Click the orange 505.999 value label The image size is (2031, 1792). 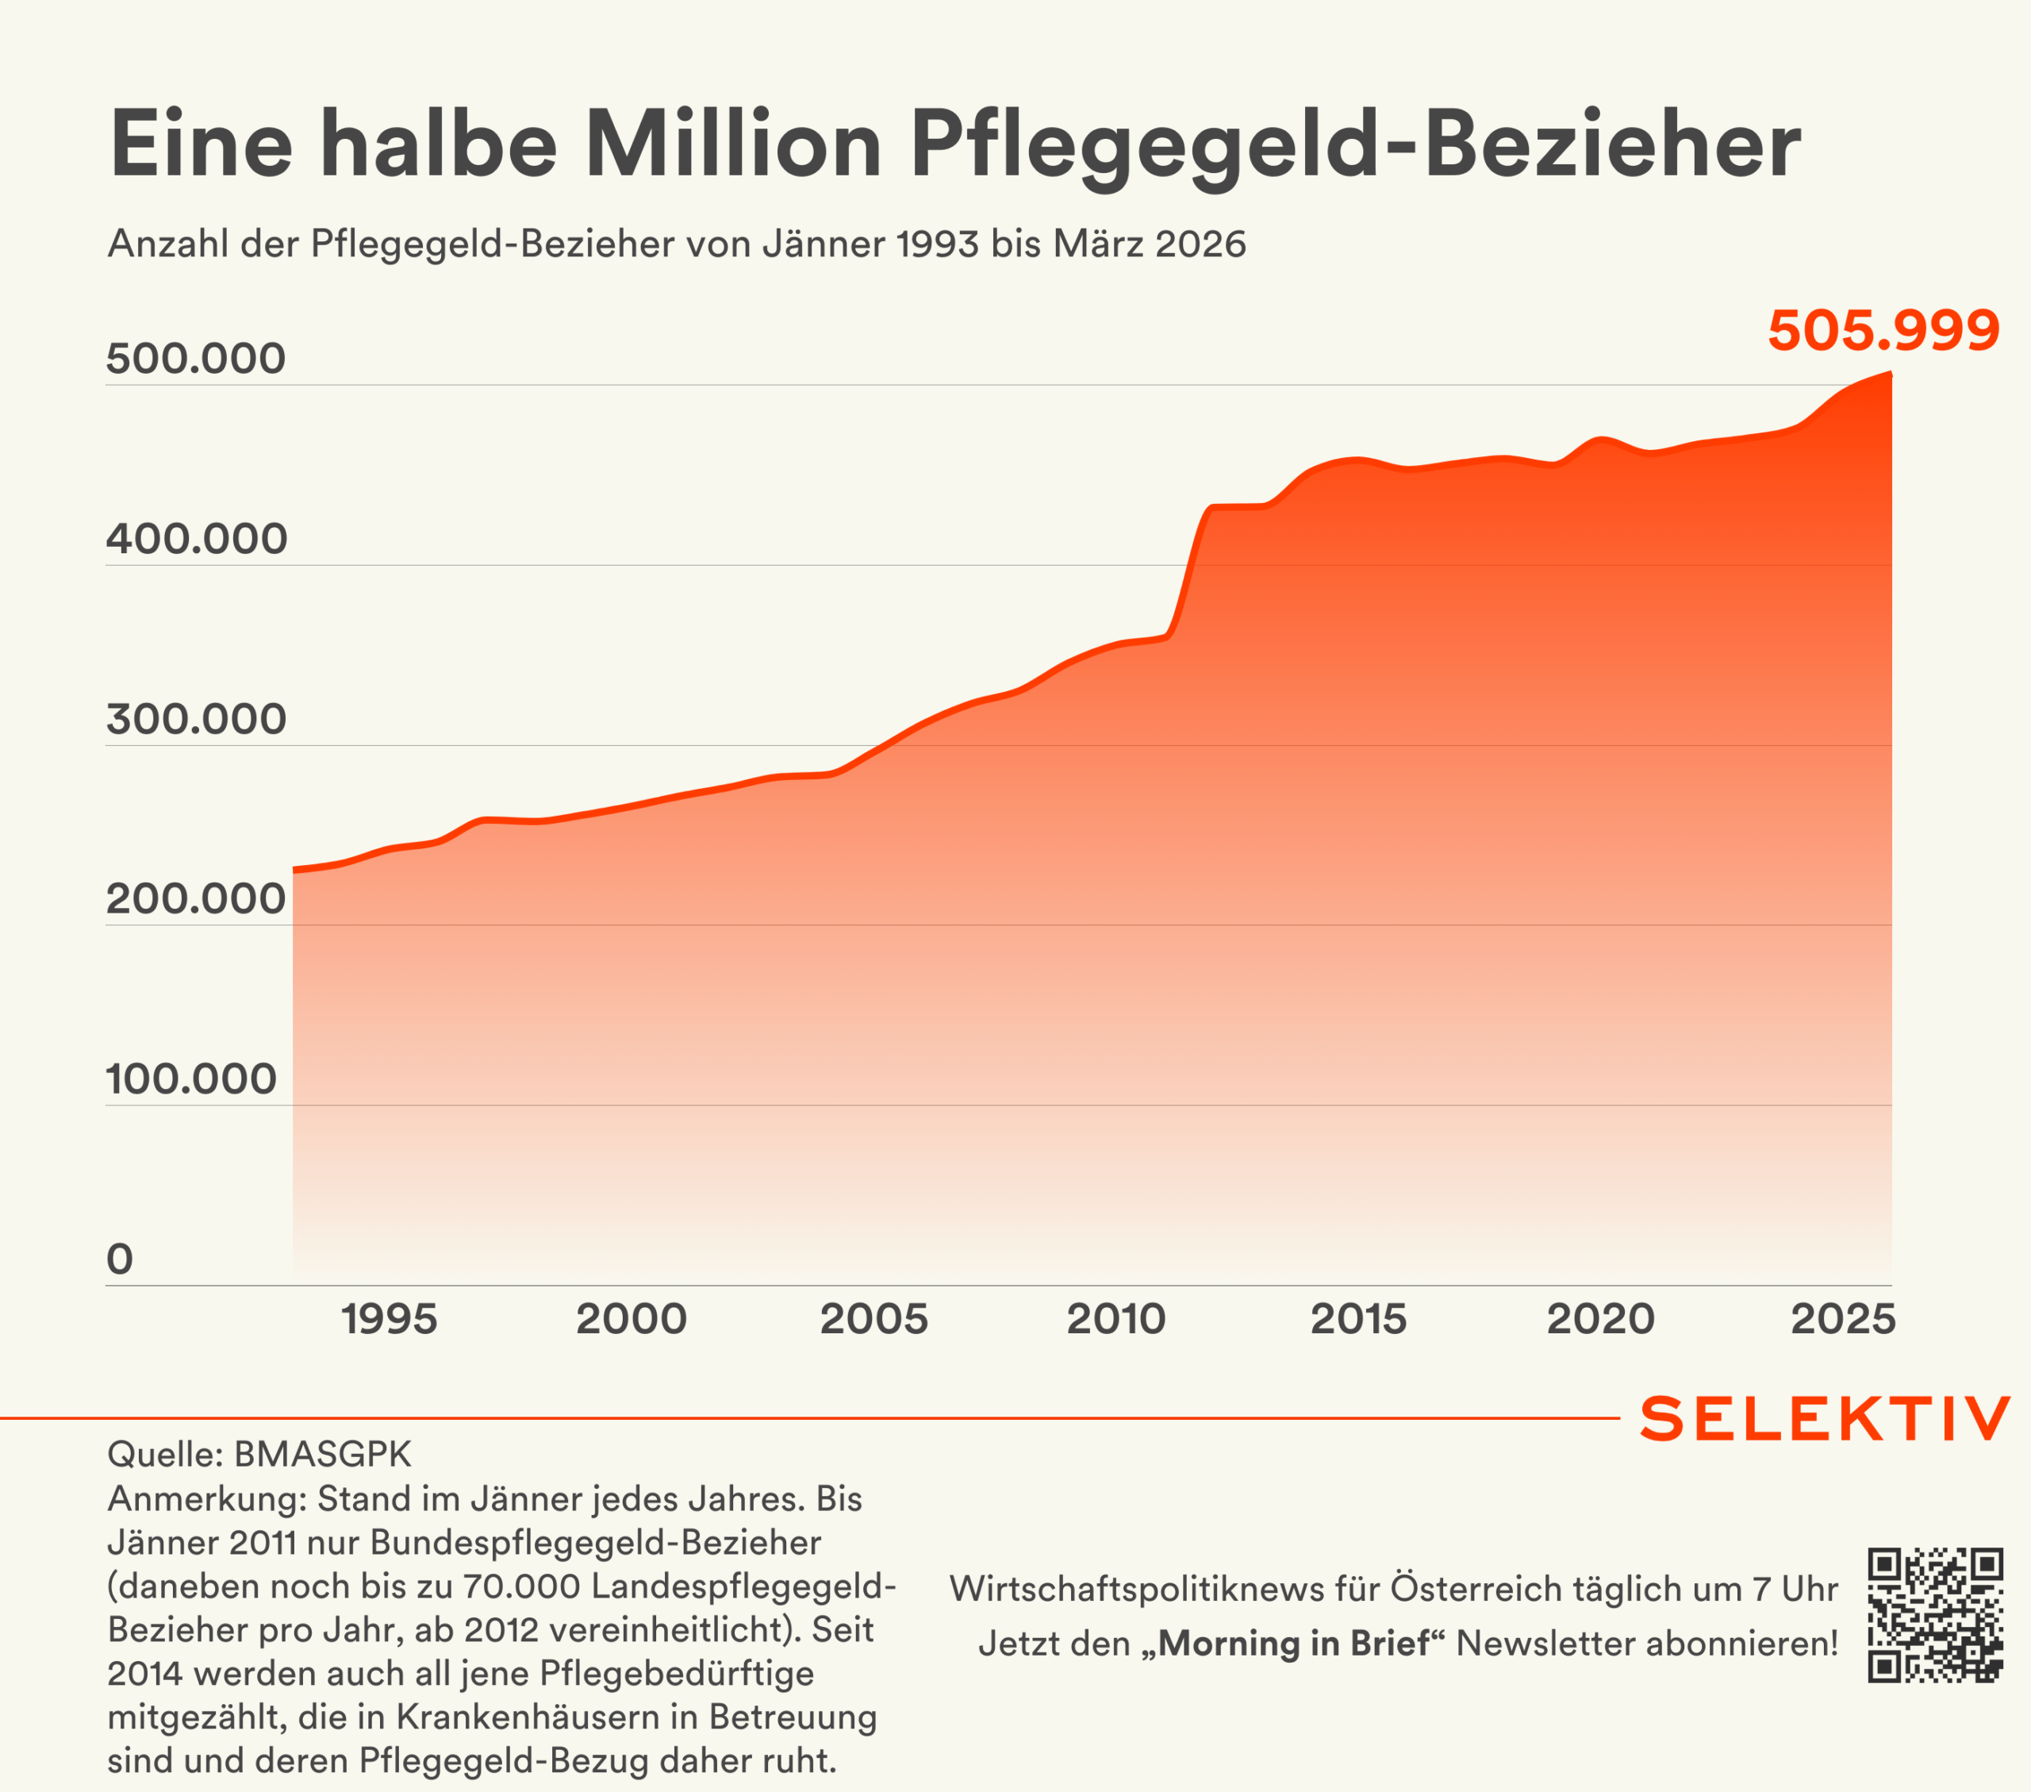click(1883, 330)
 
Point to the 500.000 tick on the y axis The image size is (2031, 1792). click(196, 359)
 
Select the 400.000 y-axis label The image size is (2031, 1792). click(196, 539)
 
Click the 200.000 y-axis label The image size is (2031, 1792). click(196, 898)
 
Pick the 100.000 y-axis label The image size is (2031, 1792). click(190, 1079)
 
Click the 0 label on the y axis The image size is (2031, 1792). click(119, 1259)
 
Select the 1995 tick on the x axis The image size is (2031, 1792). click(389, 1320)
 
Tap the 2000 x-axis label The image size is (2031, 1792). click(631, 1320)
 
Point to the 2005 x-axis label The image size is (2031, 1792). click(873, 1320)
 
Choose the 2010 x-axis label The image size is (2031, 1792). click(1115, 1320)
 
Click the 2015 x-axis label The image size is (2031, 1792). click(1358, 1320)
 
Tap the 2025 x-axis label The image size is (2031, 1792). click(1843, 1320)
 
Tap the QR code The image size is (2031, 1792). click(1935, 1615)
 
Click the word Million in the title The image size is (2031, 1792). click(733, 145)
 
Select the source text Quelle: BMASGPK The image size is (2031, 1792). click(259, 1454)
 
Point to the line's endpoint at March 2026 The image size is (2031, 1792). click(1890, 374)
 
